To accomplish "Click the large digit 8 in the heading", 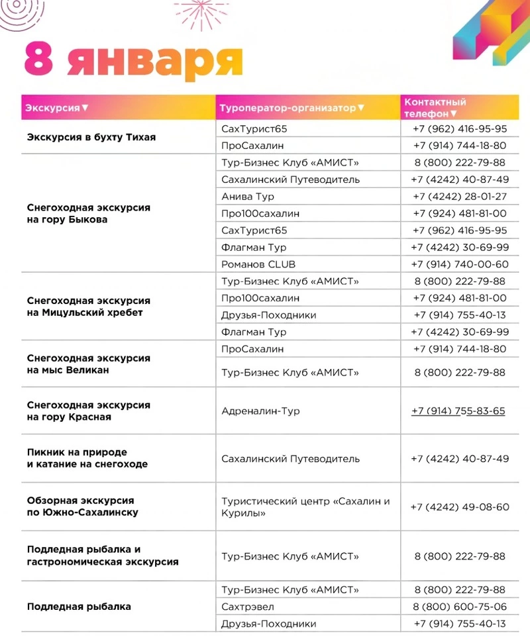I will [x=39, y=60].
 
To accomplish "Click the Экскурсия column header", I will [x=57, y=107].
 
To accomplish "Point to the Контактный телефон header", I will [x=435, y=107].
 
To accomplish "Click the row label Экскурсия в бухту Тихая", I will [x=91, y=137].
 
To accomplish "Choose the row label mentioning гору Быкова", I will [x=89, y=213].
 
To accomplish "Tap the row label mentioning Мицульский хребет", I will [x=89, y=307].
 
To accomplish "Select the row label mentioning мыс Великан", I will [x=89, y=364].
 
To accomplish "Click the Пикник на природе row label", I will [x=87, y=458].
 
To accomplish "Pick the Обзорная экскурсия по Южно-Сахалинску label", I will [x=83, y=507].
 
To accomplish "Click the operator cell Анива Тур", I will [x=248, y=197].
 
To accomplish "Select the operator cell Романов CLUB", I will [x=258, y=264].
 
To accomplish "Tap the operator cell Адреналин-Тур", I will [x=260, y=411].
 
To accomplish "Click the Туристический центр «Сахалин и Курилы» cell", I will [x=305, y=507].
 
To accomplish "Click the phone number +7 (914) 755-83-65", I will [x=458, y=411].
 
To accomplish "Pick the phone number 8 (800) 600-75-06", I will [x=460, y=607].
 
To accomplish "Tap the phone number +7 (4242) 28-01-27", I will [x=460, y=197].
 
